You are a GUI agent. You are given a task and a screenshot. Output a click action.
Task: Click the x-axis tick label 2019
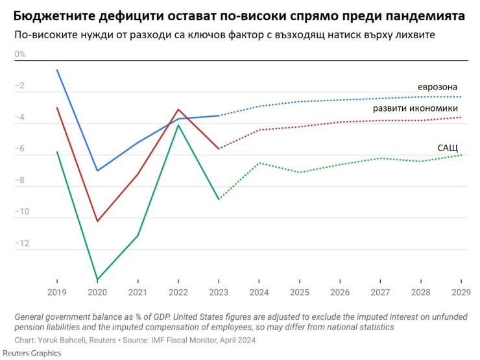(56, 293)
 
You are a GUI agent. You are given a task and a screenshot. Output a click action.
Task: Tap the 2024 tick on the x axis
(259, 293)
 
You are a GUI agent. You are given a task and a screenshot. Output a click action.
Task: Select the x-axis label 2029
(461, 293)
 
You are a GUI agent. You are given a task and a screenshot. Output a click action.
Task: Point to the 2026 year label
(340, 293)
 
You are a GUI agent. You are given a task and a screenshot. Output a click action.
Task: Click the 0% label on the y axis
(20, 54)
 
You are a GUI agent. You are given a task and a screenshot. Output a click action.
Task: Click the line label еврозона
(437, 87)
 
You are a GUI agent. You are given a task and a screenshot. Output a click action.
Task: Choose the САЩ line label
(447, 148)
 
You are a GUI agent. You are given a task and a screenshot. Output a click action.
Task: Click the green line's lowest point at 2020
(97, 280)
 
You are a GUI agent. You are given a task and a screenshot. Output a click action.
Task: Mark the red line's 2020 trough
(97, 221)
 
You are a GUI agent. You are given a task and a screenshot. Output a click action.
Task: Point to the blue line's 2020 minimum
(97, 171)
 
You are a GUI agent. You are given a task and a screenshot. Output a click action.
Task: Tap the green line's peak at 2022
(178, 125)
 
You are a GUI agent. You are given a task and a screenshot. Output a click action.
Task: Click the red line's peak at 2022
(178, 110)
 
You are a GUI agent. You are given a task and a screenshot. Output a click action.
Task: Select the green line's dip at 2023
(219, 199)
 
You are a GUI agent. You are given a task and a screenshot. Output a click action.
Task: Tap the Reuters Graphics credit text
(30, 353)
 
